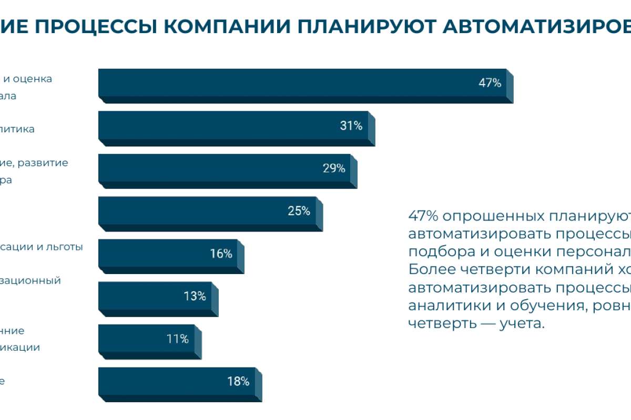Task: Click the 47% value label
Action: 490,83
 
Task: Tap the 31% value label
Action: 351,126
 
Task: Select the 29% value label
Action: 333,169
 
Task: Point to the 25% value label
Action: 299,211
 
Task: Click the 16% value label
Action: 221,254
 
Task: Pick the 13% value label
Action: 195,297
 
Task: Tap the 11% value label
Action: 177,339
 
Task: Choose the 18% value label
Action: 238,382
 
